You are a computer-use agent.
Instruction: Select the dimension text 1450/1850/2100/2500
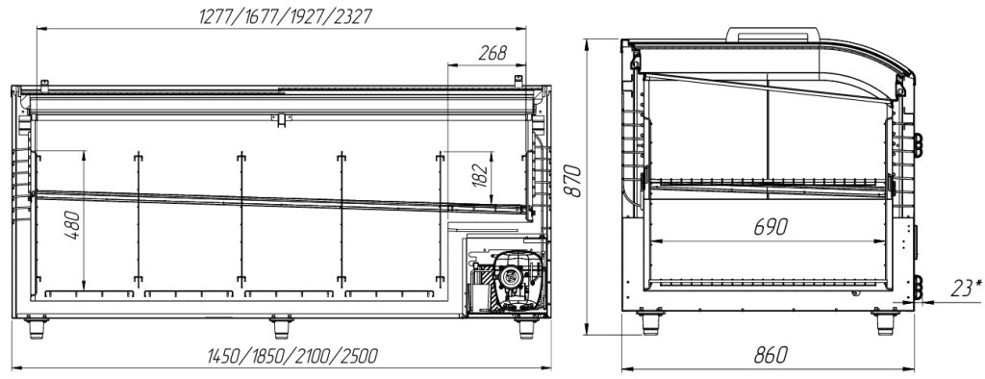pos(292,356)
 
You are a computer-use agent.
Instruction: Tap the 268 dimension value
pos(492,54)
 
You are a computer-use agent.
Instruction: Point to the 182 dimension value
pos(480,177)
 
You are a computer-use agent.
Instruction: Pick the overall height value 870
pos(571,181)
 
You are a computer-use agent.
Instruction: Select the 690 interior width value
pos(770,227)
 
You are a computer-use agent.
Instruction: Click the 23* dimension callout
pos(966,288)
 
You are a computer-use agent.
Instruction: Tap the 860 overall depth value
pos(770,355)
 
